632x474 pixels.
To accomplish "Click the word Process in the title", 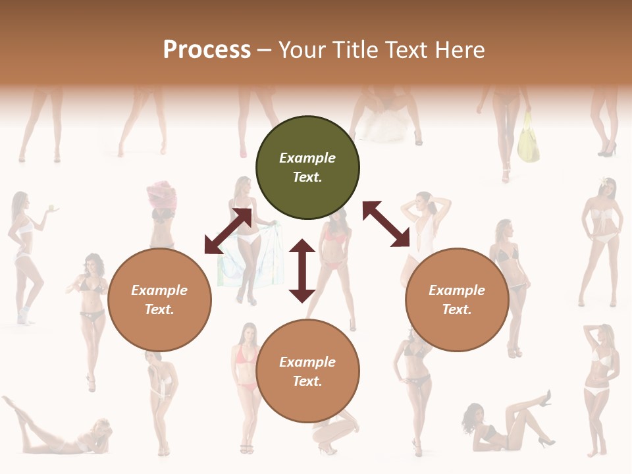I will pos(207,50).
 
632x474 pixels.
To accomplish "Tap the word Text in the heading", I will pos(405,50).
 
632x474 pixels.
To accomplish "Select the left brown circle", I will pos(159,300).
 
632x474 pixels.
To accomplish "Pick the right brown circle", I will pos(457,300).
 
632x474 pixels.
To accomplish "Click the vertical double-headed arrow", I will pos(302,270).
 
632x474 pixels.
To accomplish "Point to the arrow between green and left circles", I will pos(228,230).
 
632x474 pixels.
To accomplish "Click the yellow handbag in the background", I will pos(528,140).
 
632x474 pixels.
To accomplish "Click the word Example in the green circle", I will pos(307,158).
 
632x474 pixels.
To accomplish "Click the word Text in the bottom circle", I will pos(307,381).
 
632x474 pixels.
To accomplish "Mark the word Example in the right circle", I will pos(457,290).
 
